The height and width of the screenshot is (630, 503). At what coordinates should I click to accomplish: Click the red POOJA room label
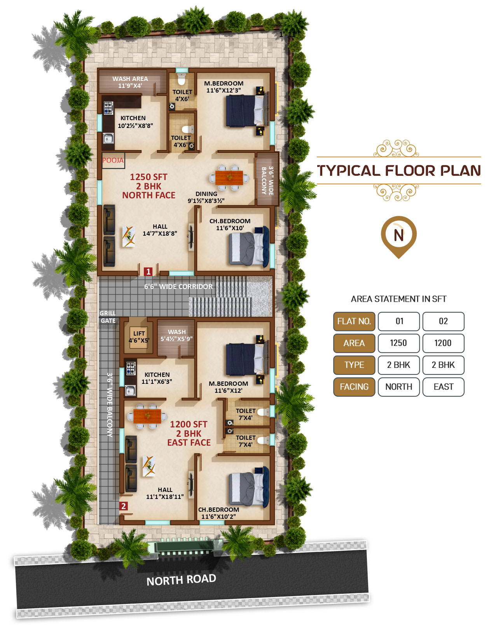[113, 160]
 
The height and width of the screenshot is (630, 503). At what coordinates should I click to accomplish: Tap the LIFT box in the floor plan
[139, 337]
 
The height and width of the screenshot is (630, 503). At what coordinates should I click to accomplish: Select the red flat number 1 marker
[148, 272]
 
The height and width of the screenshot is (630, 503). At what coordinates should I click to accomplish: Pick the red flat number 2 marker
[124, 506]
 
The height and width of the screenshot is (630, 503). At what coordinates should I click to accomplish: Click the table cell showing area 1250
[398, 343]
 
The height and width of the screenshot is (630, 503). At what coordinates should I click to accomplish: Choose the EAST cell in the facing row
[443, 387]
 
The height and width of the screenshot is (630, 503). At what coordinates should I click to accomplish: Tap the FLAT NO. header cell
[354, 321]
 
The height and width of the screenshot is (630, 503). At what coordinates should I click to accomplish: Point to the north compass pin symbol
[398, 236]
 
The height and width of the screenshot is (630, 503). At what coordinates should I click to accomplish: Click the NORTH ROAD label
[181, 580]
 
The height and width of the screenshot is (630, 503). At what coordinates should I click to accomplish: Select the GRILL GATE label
[108, 317]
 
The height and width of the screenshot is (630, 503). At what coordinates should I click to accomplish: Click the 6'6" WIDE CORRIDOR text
[178, 286]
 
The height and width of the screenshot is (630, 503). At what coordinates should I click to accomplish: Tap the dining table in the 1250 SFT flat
[229, 178]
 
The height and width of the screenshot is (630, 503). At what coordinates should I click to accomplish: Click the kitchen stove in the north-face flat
[108, 108]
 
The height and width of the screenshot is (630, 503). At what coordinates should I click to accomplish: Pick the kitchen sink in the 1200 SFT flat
[130, 390]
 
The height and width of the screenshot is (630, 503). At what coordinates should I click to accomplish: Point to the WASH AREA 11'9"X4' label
[130, 82]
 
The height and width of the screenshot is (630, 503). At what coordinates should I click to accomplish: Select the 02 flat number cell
[443, 321]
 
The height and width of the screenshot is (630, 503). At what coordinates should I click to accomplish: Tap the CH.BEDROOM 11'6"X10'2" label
[218, 513]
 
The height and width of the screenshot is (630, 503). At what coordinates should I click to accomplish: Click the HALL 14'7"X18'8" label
[160, 230]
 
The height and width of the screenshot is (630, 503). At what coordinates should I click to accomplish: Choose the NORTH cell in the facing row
[398, 387]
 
